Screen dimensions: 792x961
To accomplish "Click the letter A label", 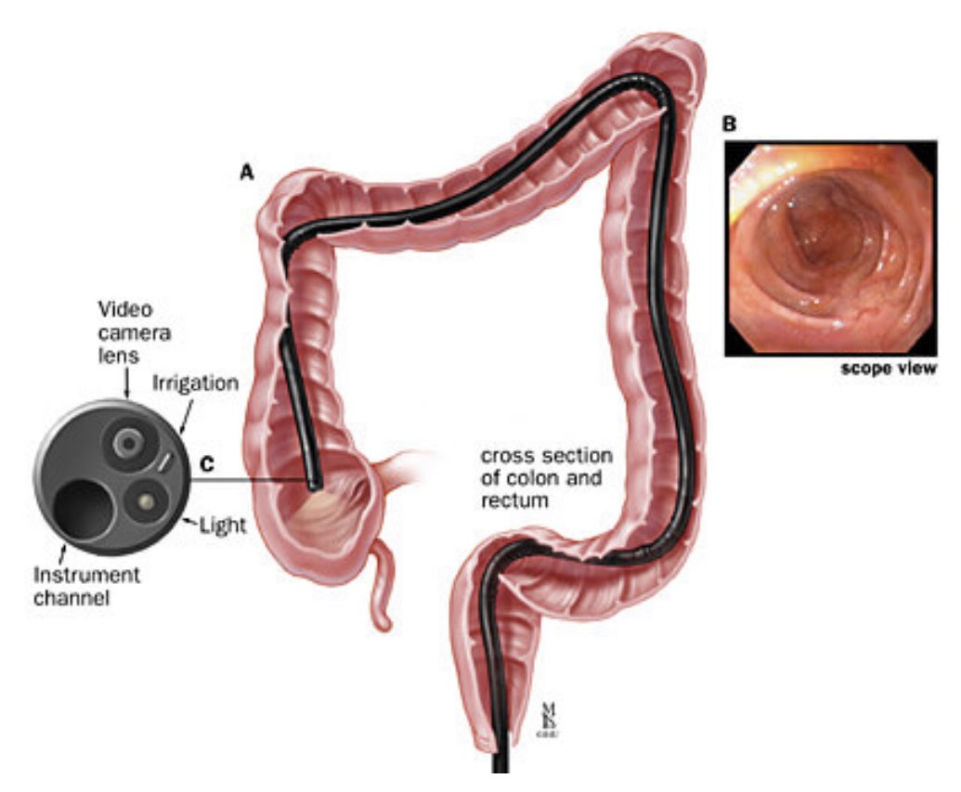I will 246,172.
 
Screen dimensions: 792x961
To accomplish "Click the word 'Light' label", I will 224,526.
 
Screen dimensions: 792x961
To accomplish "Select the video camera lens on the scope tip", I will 124,445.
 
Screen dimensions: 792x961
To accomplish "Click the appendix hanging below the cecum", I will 382,593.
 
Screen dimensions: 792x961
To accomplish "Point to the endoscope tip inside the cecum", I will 315,483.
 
